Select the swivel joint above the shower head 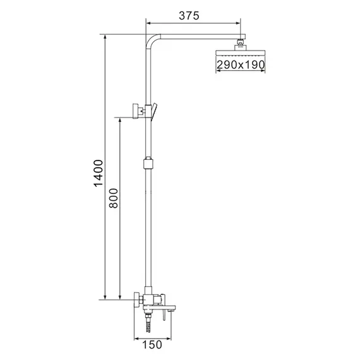240,44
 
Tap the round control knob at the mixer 138,299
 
